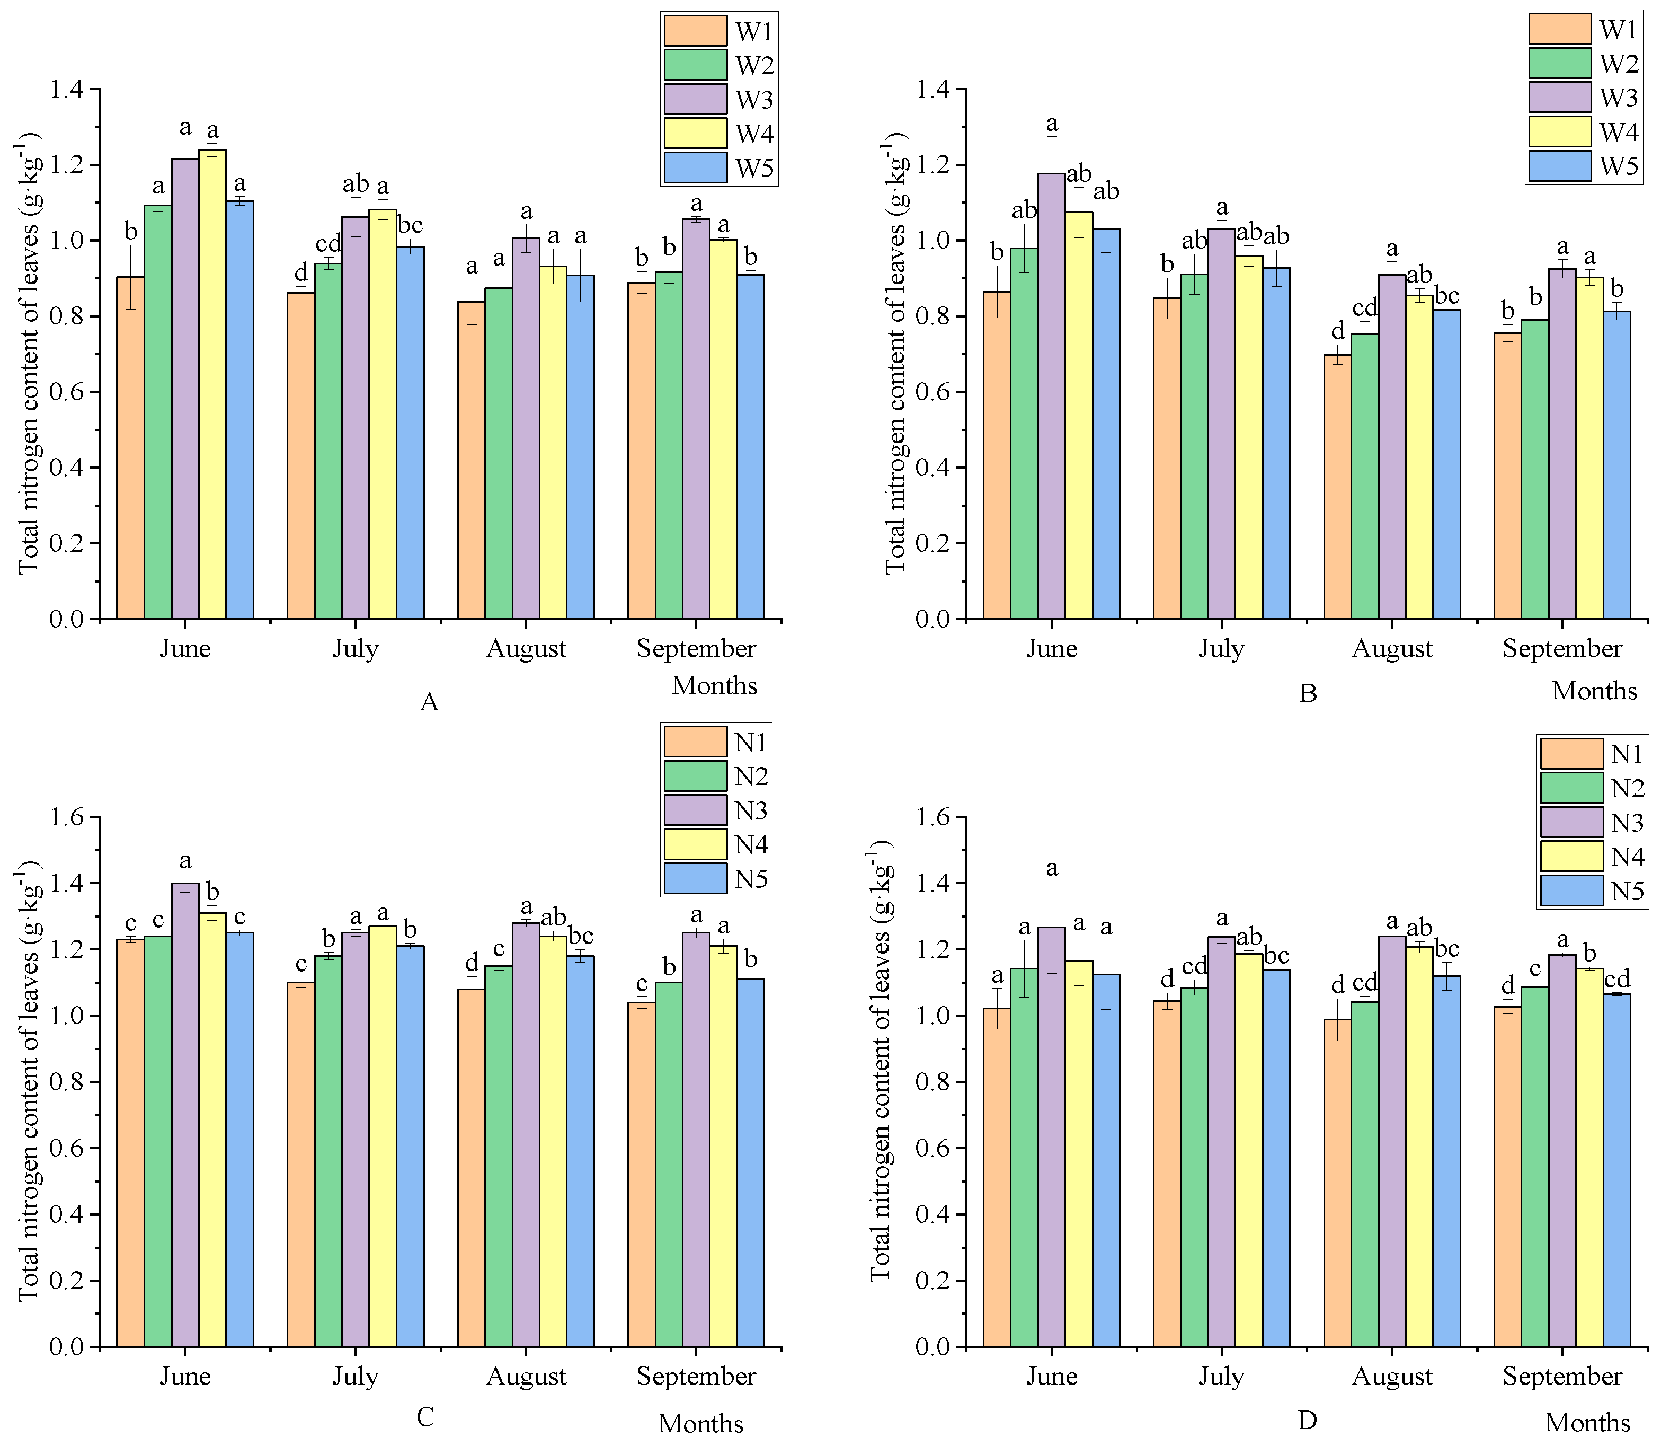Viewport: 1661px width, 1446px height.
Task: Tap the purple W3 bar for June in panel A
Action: tap(185, 387)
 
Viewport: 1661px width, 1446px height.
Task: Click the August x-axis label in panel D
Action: tap(1391, 1377)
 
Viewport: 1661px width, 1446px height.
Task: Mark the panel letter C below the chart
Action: tap(425, 1417)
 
